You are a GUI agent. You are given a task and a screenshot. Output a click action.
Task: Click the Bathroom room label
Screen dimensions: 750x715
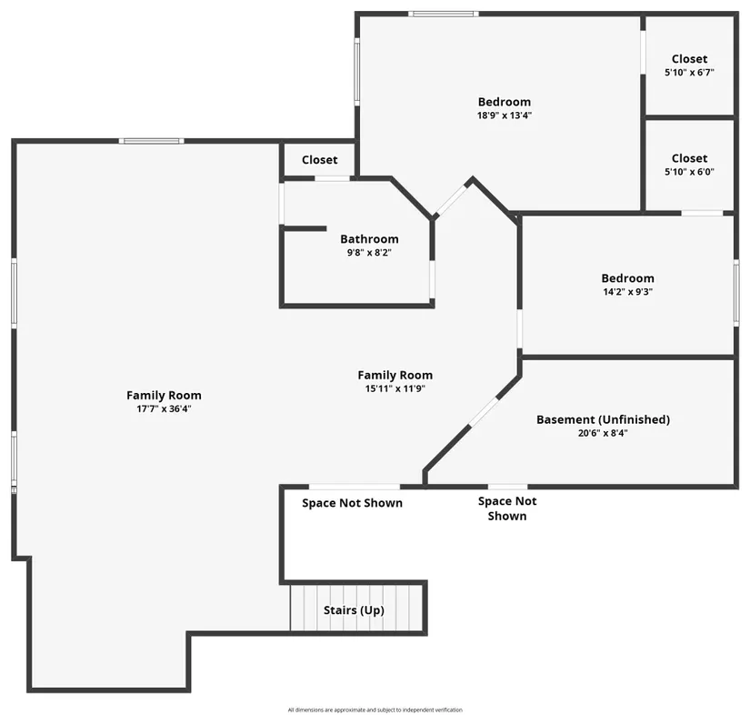coord(369,239)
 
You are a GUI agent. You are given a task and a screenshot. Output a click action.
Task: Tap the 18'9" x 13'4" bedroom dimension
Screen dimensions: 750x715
coord(505,116)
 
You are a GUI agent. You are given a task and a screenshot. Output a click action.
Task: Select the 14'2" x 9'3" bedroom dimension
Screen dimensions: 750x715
coord(627,291)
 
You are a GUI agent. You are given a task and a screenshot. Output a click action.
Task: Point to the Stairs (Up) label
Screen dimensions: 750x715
coord(354,610)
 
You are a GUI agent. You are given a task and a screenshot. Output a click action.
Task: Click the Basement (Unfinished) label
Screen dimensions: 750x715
coord(603,419)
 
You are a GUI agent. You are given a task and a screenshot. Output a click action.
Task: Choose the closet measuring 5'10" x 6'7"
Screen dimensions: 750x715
coord(689,65)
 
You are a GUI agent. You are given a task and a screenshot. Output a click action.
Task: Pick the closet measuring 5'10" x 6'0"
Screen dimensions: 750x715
coord(689,165)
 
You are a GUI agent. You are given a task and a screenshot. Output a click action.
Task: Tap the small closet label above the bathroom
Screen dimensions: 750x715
coord(319,160)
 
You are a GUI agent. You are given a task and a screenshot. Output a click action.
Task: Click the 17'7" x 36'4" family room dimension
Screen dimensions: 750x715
coord(164,408)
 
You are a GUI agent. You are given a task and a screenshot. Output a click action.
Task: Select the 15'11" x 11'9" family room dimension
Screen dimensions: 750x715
coord(395,388)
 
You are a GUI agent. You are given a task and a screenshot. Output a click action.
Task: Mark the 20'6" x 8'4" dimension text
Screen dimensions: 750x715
coord(603,433)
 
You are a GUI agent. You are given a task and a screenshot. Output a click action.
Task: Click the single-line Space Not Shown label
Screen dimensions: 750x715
coord(352,503)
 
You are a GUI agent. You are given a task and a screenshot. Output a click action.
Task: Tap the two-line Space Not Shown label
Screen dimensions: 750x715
coord(507,509)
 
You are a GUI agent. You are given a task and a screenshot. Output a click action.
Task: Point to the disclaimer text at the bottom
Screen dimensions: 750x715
coord(375,710)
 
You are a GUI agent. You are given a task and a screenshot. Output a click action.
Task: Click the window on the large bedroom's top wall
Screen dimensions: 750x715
coord(444,14)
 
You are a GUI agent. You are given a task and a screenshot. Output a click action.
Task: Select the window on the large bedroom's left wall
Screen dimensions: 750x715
coord(357,72)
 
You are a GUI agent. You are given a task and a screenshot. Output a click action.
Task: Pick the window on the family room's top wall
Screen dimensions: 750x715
coord(152,141)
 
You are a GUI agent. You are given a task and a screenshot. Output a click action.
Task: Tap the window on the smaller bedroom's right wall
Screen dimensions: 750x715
coord(736,294)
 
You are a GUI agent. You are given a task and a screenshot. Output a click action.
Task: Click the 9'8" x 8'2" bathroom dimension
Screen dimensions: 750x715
coord(369,252)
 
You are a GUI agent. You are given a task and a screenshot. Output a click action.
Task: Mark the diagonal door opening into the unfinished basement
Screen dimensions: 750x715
coord(483,411)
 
